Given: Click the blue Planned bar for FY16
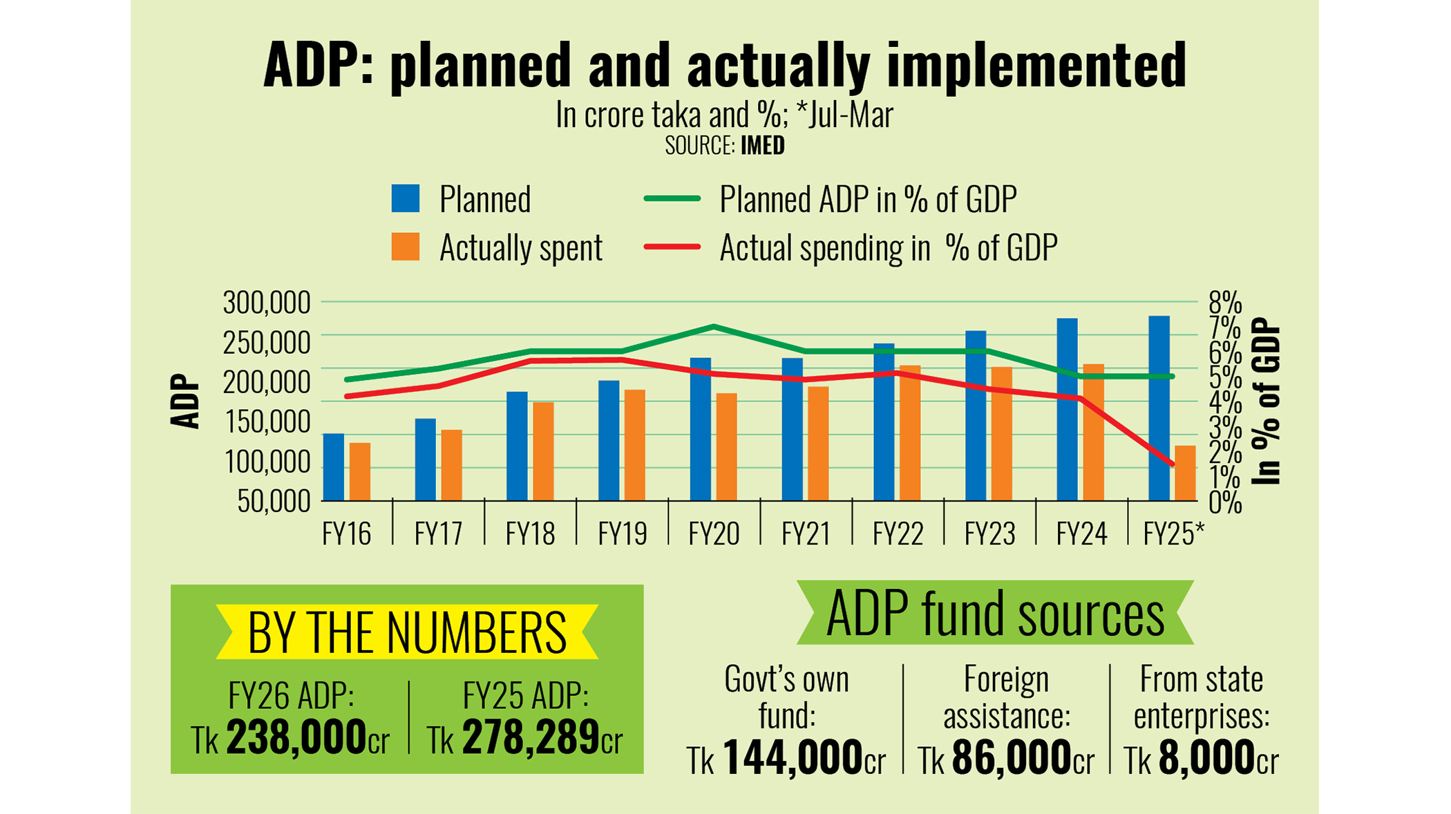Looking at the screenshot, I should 334,467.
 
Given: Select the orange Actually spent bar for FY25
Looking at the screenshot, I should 1185,473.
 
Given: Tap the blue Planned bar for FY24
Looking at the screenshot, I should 1067,409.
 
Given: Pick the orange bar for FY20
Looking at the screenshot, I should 727,446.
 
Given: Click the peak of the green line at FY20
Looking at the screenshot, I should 714,326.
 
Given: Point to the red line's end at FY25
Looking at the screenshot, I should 1173,464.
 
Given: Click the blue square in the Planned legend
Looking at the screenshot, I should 406,199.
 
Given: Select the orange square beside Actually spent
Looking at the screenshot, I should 406,247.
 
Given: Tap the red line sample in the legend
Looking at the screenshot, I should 672,247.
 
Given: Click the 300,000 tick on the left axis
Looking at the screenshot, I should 267,303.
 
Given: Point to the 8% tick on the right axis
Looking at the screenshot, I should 1225,303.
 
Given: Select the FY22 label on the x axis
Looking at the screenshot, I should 898,533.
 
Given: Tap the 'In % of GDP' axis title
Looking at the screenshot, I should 1267,401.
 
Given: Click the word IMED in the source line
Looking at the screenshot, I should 763,146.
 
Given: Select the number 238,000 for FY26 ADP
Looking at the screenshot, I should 296,737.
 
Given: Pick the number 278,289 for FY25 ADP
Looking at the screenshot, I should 531,737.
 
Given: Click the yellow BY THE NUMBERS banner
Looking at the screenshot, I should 407,632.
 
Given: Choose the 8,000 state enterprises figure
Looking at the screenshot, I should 1206,757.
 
